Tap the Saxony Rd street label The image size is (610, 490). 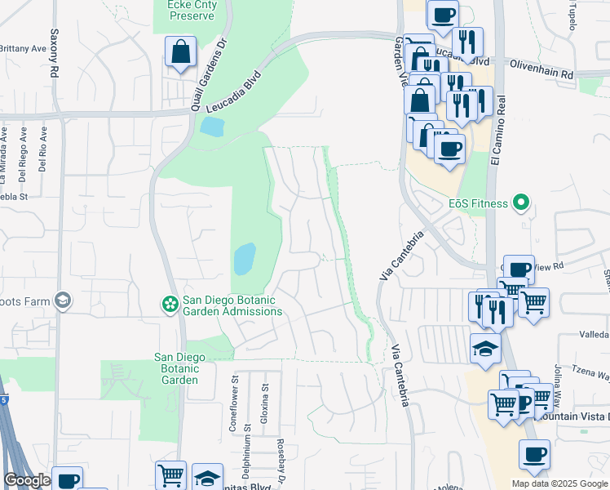[x=55, y=54]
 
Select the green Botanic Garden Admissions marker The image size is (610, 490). [x=170, y=305]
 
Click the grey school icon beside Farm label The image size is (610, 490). [x=62, y=301]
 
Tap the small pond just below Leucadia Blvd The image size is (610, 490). [x=211, y=127]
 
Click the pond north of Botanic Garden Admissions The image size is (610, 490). [x=244, y=260]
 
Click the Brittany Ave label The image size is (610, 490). [x=23, y=49]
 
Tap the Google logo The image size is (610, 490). [x=27, y=480]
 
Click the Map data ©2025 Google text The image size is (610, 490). [x=559, y=483]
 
